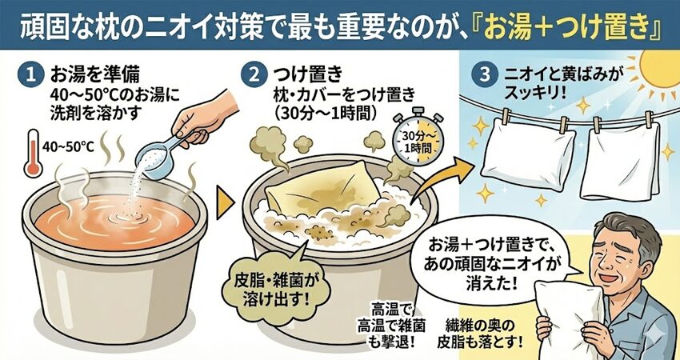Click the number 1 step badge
click(30, 74)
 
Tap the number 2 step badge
click(254, 74)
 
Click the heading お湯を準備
click(95, 74)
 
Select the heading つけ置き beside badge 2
click(308, 74)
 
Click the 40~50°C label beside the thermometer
click(68, 147)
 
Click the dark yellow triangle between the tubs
click(225, 202)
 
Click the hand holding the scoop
click(206, 115)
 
